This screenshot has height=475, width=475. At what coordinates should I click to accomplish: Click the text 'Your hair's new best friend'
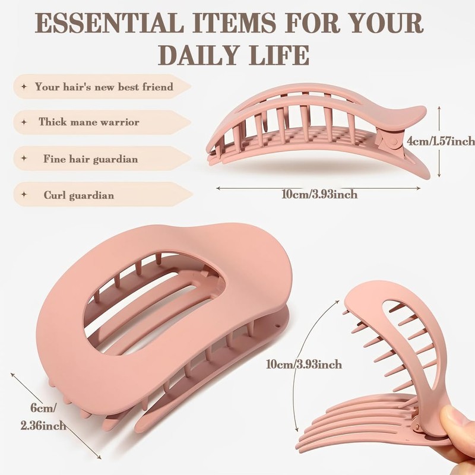104,87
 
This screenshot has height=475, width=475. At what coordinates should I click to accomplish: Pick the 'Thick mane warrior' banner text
89,122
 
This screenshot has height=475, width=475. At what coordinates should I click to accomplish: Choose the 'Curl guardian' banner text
78,195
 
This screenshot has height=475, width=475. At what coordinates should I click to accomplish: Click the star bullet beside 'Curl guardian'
24,194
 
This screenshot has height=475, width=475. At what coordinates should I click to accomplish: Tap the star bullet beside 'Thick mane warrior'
24,122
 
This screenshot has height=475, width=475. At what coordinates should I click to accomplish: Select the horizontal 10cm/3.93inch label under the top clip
320,194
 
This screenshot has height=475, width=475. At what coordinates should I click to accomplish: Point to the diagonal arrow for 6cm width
57,416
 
